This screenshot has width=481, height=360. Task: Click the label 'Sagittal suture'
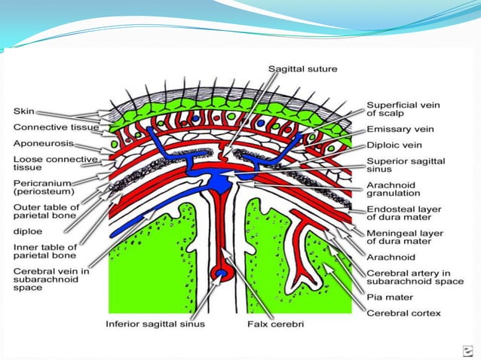tap(302, 69)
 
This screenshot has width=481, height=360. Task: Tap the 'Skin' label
tap(24, 111)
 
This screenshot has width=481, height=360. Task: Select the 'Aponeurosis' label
tap(43, 142)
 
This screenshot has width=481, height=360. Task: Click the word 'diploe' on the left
tap(30, 233)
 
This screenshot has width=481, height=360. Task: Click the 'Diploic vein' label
tap(394, 145)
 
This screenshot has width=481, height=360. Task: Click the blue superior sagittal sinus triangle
tap(222, 182)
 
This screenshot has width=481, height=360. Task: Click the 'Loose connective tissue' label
tap(55, 164)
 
